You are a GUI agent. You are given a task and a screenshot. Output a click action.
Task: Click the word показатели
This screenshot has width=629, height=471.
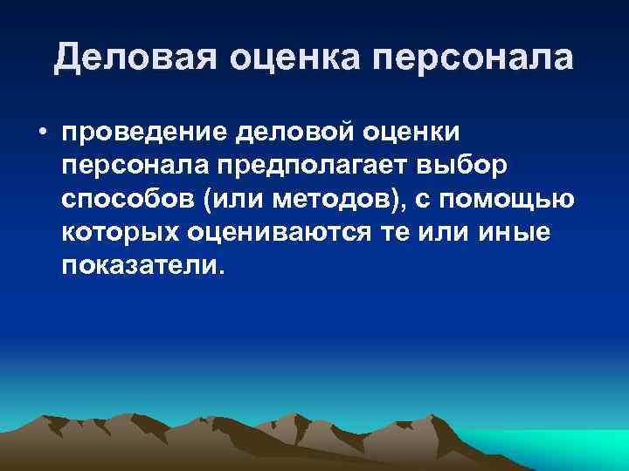(142, 265)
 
